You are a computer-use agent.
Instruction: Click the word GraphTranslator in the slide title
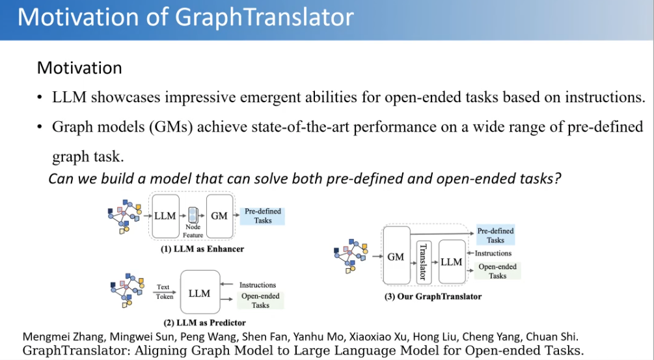[x=264, y=18]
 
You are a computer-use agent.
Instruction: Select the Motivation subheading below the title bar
[x=79, y=68]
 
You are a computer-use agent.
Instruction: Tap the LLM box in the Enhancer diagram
[x=165, y=216]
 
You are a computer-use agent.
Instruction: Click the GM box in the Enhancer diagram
[x=219, y=216]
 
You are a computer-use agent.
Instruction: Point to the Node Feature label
[x=193, y=230]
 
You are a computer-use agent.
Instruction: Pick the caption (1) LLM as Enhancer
[x=202, y=249]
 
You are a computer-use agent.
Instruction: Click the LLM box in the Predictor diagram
[x=200, y=292]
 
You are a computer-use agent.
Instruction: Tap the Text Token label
[x=165, y=292]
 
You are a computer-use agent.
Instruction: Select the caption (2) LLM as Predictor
[x=204, y=322]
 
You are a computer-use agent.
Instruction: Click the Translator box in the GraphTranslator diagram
[x=424, y=262]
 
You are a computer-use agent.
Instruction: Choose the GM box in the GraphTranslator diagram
[x=396, y=255]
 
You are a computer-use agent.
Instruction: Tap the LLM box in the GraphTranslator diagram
[x=452, y=262]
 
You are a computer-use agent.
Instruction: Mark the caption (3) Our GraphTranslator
[x=433, y=297]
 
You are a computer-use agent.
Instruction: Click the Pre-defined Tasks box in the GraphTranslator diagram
[x=495, y=235]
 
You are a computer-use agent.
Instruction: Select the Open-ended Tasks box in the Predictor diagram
[x=260, y=300]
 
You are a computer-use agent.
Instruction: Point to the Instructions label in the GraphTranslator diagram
[x=493, y=253]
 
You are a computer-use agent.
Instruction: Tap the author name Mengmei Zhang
[x=63, y=337]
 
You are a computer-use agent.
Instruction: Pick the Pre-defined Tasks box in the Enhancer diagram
[x=263, y=216]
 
